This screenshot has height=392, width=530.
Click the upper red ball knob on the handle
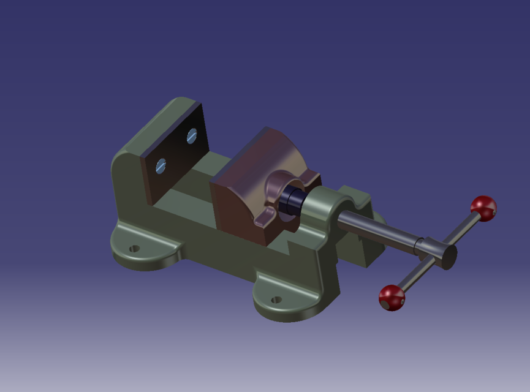[x=483, y=208]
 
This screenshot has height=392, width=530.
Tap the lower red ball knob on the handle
[x=392, y=298]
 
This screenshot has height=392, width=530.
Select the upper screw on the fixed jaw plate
[x=191, y=136]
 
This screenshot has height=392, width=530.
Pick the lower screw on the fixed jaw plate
[x=161, y=165]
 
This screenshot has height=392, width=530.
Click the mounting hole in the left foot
[x=134, y=249]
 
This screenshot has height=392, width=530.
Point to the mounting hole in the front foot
[x=276, y=300]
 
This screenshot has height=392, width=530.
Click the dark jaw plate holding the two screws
[x=175, y=153]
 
